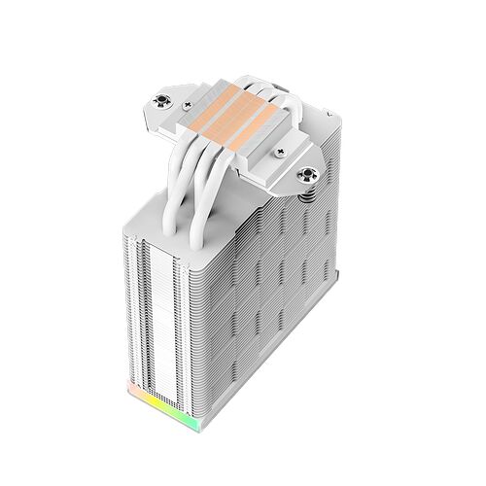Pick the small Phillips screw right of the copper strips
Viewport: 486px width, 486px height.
282,152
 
